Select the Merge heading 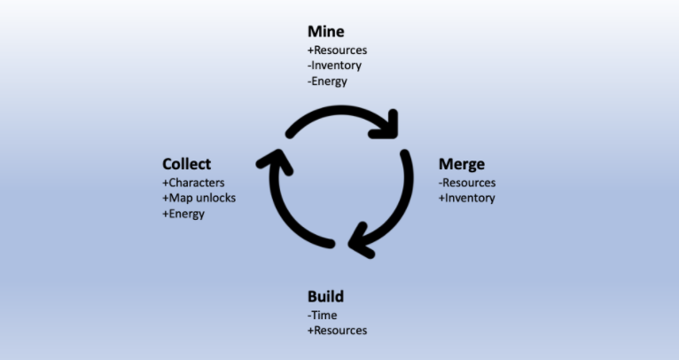pos(462,164)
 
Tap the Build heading pos(325,296)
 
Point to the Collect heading pos(186,164)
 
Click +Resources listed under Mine pos(337,51)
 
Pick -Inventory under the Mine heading pos(333,66)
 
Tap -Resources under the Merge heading pos(467,183)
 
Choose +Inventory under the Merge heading pos(466,198)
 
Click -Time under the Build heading pos(323,315)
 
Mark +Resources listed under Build pos(337,331)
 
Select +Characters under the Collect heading pos(193,183)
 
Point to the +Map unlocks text pos(199,198)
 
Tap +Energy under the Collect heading pos(183,214)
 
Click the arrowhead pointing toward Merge pos(387,125)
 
